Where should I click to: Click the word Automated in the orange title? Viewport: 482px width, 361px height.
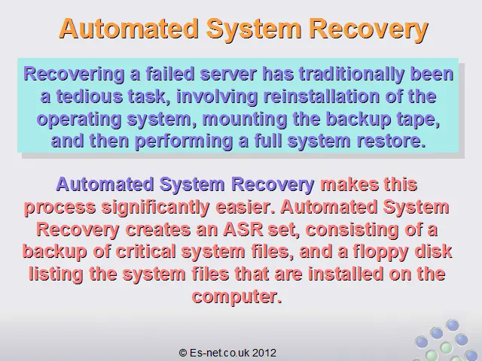pyautogui.click(x=129, y=29)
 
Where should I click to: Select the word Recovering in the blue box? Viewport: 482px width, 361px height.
pyautogui.click(x=74, y=74)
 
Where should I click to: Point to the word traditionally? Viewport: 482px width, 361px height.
pyautogui.click(x=352, y=74)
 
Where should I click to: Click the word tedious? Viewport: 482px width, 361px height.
pyautogui.click(x=89, y=96)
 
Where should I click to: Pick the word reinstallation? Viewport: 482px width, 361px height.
pyautogui.click(x=322, y=96)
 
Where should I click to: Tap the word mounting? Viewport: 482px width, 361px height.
pyautogui.click(x=245, y=119)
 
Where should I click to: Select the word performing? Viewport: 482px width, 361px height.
pyautogui.click(x=184, y=141)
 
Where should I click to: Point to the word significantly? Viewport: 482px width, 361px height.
pyautogui.click(x=156, y=208)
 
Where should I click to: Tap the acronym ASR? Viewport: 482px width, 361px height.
pyautogui.click(x=243, y=229)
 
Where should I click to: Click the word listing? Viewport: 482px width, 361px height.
pyautogui.click(x=56, y=274)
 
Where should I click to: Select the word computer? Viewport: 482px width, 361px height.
pyautogui.click(x=236, y=296)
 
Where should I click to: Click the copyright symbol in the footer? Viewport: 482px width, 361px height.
pyautogui.click(x=183, y=353)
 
